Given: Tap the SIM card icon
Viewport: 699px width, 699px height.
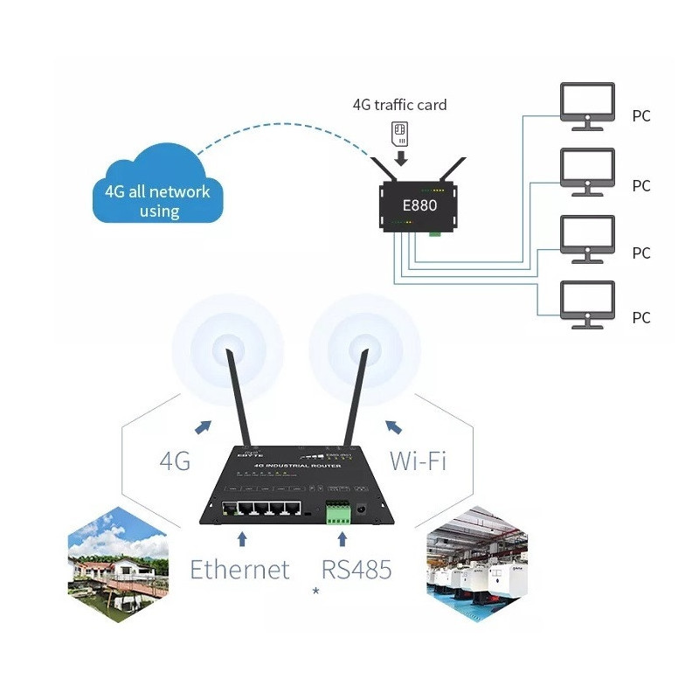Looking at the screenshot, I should (x=400, y=132).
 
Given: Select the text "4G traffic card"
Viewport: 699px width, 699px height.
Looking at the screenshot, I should (x=399, y=105).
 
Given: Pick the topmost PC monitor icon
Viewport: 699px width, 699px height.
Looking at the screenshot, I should (x=587, y=106).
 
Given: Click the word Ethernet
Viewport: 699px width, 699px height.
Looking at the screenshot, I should (x=239, y=570).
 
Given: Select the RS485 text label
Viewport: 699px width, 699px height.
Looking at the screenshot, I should (x=356, y=570).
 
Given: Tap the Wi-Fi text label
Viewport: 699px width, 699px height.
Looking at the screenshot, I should (x=417, y=460).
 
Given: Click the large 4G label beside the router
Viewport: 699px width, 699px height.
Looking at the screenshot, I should (x=175, y=460).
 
